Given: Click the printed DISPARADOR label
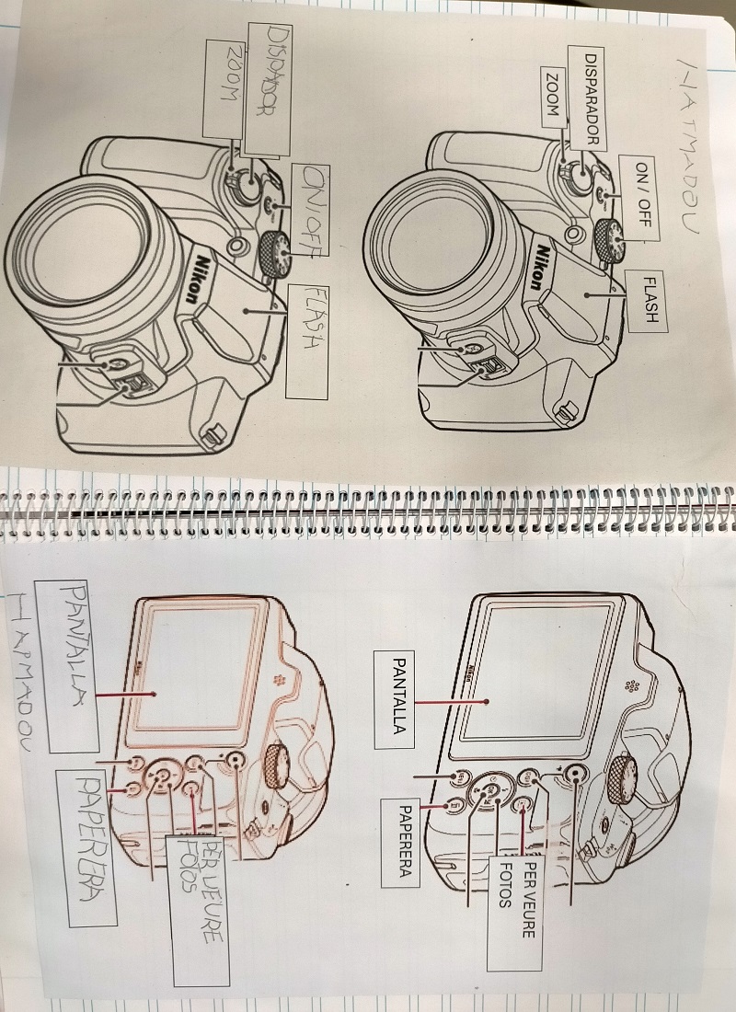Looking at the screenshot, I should (593, 99).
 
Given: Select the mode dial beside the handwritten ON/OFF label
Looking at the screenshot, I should (275, 252).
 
